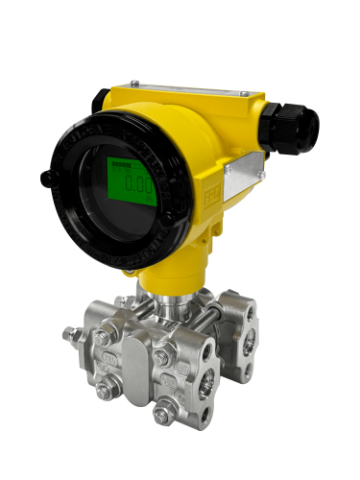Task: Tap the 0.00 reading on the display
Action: [141, 188]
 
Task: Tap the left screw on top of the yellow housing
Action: [134, 83]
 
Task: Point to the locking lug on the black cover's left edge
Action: [46, 178]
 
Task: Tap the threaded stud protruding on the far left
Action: [70, 335]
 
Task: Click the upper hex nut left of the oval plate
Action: [103, 338]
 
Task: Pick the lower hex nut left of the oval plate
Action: [104, 389]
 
